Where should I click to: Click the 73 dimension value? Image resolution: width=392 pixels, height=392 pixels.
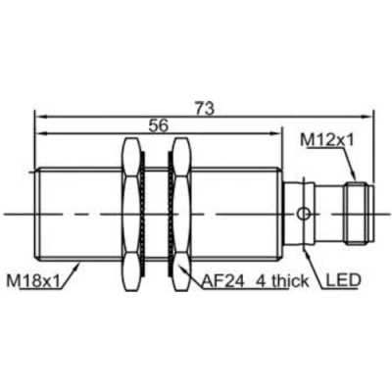(x=205, y=109)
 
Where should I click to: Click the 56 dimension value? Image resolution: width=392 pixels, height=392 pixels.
(x=158, y=125)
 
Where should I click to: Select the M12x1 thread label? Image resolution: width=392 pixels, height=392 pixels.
(x=327, y=140)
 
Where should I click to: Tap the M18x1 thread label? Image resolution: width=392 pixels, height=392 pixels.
(x=33, y=281)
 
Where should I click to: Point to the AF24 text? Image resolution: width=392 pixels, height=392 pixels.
(x=223, y=281)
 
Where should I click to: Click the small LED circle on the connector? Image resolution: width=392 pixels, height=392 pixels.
(x=303, y=214)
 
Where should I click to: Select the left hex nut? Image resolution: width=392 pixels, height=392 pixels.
(x=131, y=215)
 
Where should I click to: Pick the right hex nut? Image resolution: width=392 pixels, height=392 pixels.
(x=181, y=215)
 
